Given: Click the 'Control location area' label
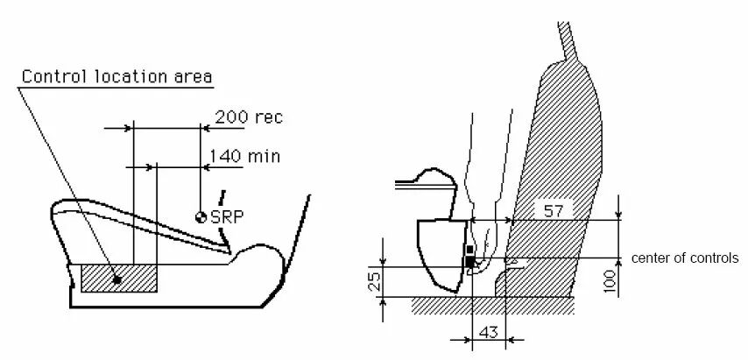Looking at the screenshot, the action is [116, 76].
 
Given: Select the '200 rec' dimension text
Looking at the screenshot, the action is [249, 116].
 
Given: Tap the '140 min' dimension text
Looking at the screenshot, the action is [244, 156].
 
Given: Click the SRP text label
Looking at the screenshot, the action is [227, 217].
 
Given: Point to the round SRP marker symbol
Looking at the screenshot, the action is [201, 217].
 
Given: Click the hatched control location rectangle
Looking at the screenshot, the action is [119, 279].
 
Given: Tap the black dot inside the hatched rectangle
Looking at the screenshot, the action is [116, 280].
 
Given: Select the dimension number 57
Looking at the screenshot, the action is [554, 210].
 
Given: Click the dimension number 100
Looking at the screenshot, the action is [610, 281].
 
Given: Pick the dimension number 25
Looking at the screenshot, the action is [375, 282].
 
